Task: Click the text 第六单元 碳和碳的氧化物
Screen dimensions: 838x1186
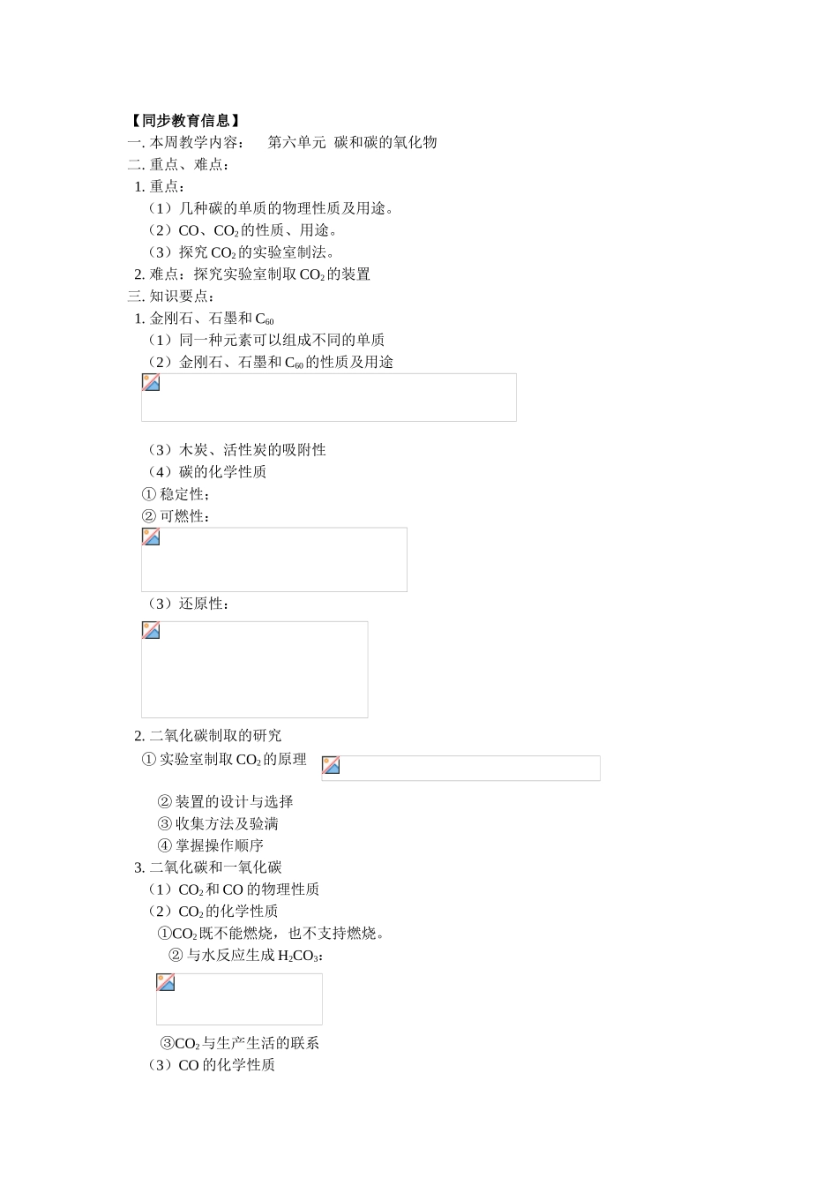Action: click(352, 142)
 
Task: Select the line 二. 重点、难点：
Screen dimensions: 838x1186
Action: click(180, 164)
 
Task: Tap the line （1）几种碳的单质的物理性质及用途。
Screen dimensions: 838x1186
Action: click(272, 208)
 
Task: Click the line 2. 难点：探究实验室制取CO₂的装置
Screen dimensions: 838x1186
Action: click(252, 274)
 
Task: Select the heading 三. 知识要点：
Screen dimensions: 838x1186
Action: click(172, 296)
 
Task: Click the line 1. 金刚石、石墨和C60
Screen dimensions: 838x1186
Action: click(205, 319)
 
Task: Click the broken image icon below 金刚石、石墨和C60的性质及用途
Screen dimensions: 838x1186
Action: click(151, 383)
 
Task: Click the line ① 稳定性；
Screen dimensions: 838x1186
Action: click(176, 494)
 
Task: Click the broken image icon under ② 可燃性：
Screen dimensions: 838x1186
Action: click(151, 537)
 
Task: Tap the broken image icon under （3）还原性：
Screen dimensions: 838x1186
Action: click(151, 631)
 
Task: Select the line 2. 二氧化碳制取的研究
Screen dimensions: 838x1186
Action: click(208, 736)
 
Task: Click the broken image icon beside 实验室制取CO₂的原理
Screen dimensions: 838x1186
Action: click(331, 765)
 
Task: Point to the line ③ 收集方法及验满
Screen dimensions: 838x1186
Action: click(218, 823)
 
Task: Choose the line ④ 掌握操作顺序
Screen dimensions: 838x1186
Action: click(211, 845)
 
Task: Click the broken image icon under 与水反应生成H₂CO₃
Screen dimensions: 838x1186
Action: click(166, 983)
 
